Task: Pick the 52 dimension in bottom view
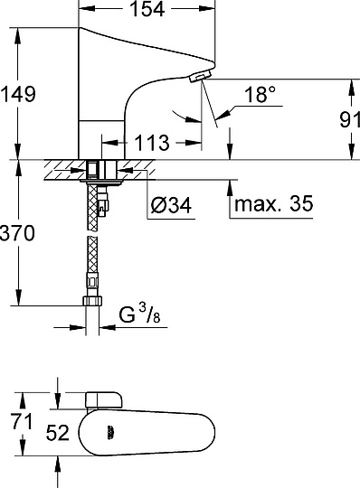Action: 60,433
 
